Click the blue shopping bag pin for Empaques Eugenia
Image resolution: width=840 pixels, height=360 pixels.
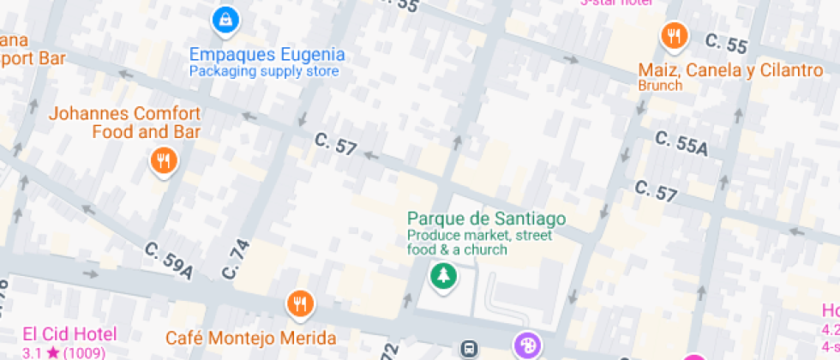[225, 17]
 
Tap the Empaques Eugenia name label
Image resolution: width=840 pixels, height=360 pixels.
[267, 55]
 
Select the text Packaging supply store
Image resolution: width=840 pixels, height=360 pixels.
[264, 72]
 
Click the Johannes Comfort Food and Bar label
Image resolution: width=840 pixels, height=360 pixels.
[124, 123]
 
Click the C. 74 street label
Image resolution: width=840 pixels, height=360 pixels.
[236, 259]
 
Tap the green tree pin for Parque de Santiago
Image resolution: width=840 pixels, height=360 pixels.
[443, 276]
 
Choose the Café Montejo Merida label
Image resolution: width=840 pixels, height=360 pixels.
[250, 338]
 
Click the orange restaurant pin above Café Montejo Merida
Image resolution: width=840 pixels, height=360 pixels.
[300, 303]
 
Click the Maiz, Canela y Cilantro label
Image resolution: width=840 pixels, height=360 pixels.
[730, 69]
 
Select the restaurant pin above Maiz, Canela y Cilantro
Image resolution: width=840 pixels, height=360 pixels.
[675, 35]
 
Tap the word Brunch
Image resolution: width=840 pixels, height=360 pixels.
[660, 86]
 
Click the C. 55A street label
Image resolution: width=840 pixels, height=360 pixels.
[681, 143]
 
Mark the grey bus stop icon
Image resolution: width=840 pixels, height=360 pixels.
[470, 348]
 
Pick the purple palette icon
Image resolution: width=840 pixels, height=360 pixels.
[526, 345]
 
